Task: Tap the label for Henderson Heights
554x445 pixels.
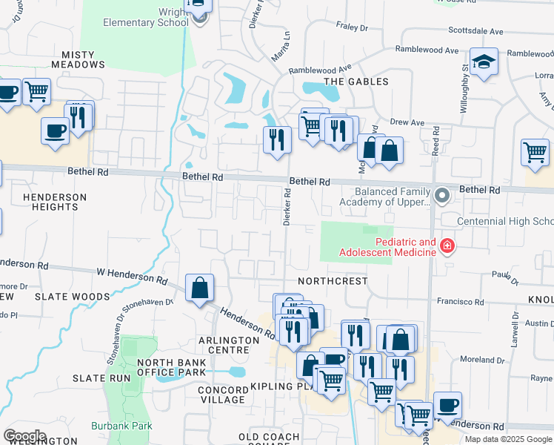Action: click(56, 202)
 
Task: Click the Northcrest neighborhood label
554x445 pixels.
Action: click(333, 282)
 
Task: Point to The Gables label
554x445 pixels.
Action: click(356, 82)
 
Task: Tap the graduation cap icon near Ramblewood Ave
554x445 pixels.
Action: click(484, 62)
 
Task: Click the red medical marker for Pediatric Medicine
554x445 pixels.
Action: click(447, 245)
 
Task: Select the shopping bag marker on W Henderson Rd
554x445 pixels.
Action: click(200, 288)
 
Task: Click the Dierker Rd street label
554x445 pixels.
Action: click(286, 206)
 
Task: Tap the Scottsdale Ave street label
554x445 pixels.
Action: click(475, 32)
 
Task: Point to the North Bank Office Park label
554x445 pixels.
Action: click(171, 367)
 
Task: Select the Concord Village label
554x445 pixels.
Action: click(222, 395)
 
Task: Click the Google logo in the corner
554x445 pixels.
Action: click(24, 436)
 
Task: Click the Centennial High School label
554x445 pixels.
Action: click(505, 222)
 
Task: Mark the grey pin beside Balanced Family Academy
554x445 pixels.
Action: click(442, 196)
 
